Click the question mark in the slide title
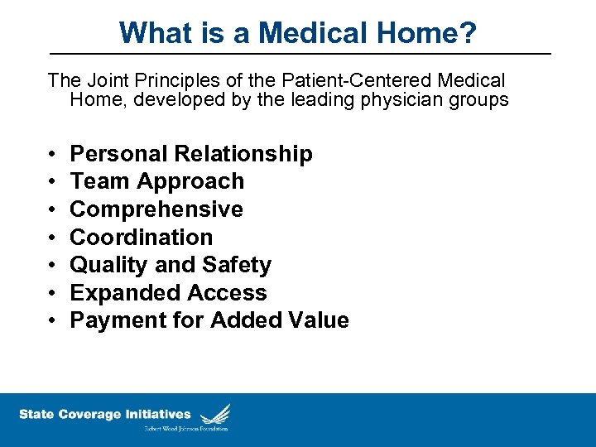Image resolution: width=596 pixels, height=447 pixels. tap(469, 33)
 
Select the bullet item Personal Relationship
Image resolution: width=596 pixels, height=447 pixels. tap(191, 154)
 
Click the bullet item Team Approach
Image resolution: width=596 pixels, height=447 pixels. tap(157, 181)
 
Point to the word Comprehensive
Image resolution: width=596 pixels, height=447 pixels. tap(156, 209)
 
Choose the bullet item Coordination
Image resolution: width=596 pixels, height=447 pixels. tap(142, 238)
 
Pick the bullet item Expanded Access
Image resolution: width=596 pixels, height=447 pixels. tap(168, 293)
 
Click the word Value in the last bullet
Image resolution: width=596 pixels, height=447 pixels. tap(318, 321)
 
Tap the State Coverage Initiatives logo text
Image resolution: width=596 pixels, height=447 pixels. tap(105, 415)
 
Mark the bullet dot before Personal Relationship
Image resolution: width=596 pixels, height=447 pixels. tap(51, 155)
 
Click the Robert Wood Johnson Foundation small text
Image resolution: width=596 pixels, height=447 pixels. tap(186, 429)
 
